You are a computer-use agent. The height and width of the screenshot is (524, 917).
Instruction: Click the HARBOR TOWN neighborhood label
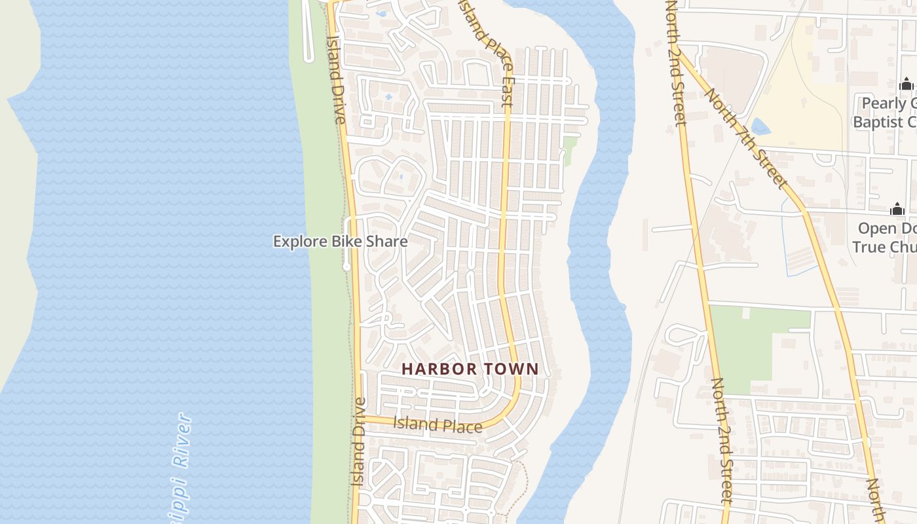click(470, 369)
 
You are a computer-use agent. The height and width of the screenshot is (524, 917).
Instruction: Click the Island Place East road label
click(488, 52)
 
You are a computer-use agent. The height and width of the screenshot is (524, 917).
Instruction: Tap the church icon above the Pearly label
click(907, 84)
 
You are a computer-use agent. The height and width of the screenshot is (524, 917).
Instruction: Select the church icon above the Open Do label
click(897, 209)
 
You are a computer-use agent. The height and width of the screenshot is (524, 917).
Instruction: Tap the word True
click(869, 247)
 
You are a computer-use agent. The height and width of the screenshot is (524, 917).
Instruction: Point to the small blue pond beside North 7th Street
click(760, 126)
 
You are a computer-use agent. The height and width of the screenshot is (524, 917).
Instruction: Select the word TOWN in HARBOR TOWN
click(512, 369)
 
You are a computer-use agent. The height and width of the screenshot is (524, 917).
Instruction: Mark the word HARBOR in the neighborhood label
click(440, 369)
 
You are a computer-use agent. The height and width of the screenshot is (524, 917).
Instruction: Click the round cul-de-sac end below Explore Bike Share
click(346, 267)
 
